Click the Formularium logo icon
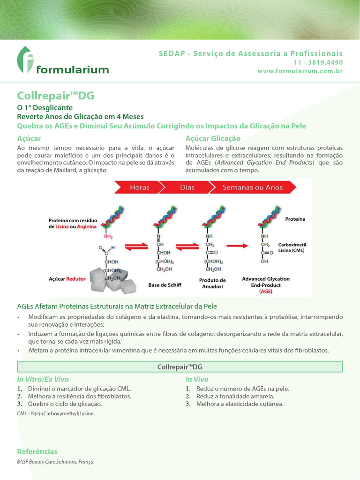pyautogui.click(x=26, y=60)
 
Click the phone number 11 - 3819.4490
pyautogui.click(x=318, y=63)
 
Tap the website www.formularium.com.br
pyautogui.click(x=300, y=71)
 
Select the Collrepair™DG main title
pyautogui.click(x=56, y=96)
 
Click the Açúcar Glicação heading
pyautogui.click(x=213, y=138)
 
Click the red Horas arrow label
pyautogui.click(x=140, y=187)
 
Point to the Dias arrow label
pyautogui.click(x=187, y=187)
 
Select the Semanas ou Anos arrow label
pyautogui.click(x=253, y=187)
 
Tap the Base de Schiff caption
pyautogui.click(x=165, y=285)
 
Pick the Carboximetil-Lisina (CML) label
pyautogui.click(x=293, y=247)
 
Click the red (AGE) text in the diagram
pyautogui.click(x=266, y=291)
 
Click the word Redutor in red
pyautogui.click(x=76, y=278)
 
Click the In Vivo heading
pyautogui.click(x=197, y=379)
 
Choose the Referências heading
pyautogui.click(x=37, y=451)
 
